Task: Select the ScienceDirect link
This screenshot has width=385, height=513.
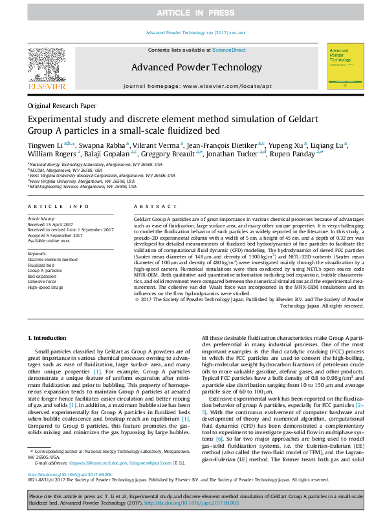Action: [x=229, y=50]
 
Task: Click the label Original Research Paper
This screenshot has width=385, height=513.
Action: [x=61, y=105]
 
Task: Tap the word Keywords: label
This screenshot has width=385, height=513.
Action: [x=38, y=254]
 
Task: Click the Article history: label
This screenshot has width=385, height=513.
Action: [x=41, y=219]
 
